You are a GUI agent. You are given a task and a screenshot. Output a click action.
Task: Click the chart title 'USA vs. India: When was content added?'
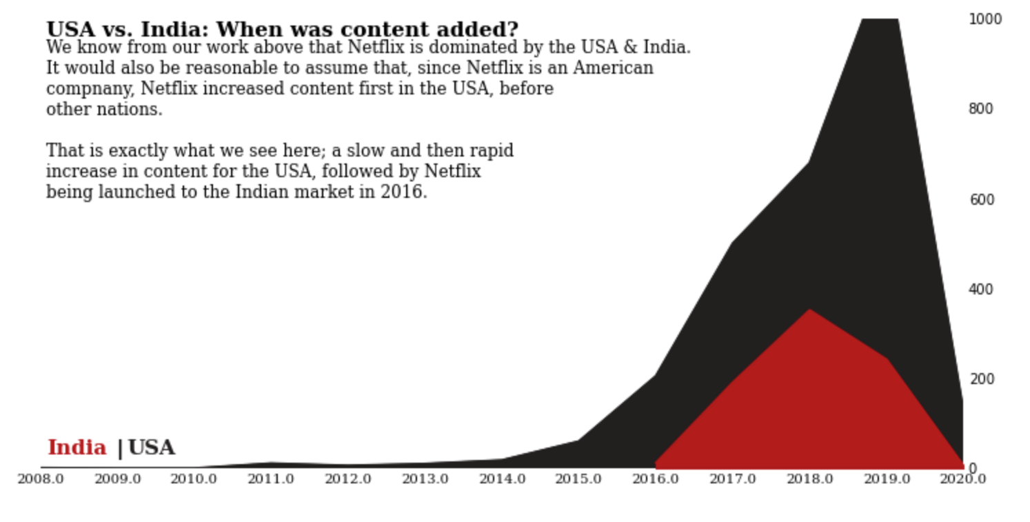(x=281, y=30)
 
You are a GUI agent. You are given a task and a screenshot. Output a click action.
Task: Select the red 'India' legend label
(x=77, y=448)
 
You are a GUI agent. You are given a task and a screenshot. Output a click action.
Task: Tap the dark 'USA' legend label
(x=151, y=448)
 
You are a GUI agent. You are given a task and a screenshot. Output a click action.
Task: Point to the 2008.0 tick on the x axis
(x=41, y=479)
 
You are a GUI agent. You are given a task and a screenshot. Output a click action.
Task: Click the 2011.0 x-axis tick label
(x=271, y=479)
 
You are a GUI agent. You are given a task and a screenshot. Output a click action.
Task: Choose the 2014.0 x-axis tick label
(x=502, y=479)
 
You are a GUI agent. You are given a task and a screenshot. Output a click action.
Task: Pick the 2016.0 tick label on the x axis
(x=656, y=479)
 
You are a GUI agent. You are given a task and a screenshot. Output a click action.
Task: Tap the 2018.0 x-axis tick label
(x=809, y=479)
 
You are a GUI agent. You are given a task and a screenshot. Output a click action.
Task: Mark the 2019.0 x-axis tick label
(x=887, y=479)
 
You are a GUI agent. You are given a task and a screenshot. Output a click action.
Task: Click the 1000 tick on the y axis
(x=985, y=19)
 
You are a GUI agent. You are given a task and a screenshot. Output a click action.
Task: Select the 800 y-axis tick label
(x=981, y=109)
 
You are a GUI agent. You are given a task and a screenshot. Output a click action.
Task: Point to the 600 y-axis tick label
(x=981, y=200)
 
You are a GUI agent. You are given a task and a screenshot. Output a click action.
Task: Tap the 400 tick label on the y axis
(x=981, y=290)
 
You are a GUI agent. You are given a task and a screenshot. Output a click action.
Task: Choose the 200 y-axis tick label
(x=981, y=379)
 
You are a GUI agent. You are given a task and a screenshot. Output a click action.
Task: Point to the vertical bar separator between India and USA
(x=120, y=449)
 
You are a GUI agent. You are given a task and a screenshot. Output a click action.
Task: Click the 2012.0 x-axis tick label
(x=347, y=479)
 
